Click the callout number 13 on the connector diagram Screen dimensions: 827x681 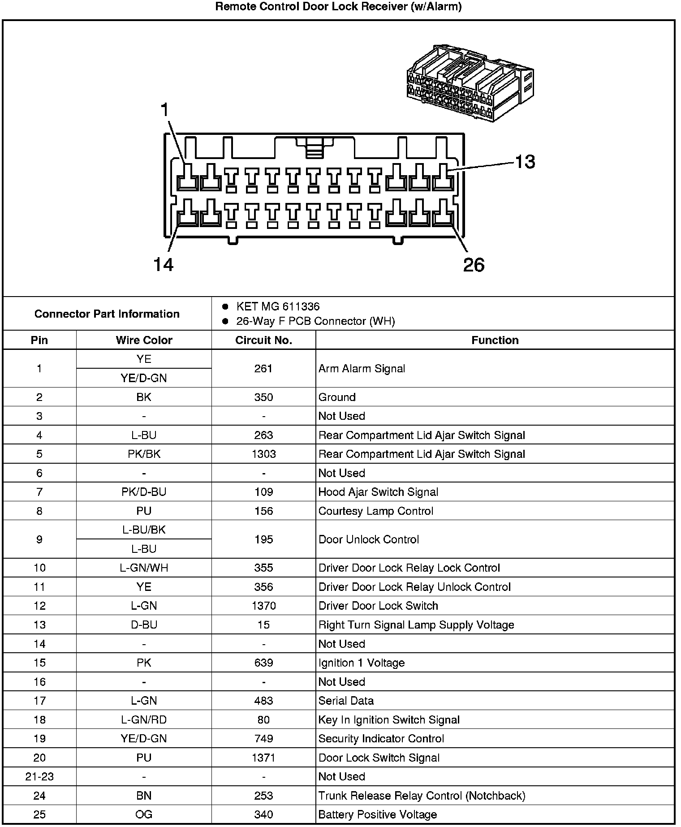[525, 162]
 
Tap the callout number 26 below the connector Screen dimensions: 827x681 [474, 265]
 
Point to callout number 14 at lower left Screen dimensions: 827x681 [163, 265]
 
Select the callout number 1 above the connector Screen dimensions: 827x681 [165, 110]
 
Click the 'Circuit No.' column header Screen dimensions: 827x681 [263, 340]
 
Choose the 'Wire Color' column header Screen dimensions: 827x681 [144, 340]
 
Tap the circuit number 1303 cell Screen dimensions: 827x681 [263, 454]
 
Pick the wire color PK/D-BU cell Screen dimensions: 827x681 [144, 492]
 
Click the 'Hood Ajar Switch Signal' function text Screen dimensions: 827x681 [378, 492]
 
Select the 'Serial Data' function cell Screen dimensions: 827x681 [346, 701]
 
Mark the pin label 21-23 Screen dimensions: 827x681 [39, 776]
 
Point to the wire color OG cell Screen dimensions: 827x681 [144, 814]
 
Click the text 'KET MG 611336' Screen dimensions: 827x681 [278, 306]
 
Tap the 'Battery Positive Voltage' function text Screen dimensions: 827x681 [377, 814]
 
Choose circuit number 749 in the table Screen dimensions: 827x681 [263, 739]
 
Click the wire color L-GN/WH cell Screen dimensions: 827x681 [144, 568]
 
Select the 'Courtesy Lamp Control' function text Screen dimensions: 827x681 [375, 511]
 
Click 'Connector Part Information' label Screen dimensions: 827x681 [107, 314]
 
